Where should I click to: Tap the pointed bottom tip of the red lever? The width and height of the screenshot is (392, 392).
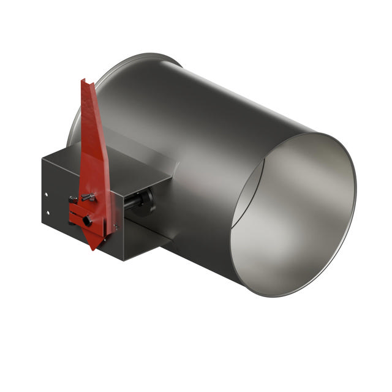92,248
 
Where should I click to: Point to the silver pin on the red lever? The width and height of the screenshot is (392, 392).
88,196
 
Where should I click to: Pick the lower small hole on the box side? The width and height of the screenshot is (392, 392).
47,213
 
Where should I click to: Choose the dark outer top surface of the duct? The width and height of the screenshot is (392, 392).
202,92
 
